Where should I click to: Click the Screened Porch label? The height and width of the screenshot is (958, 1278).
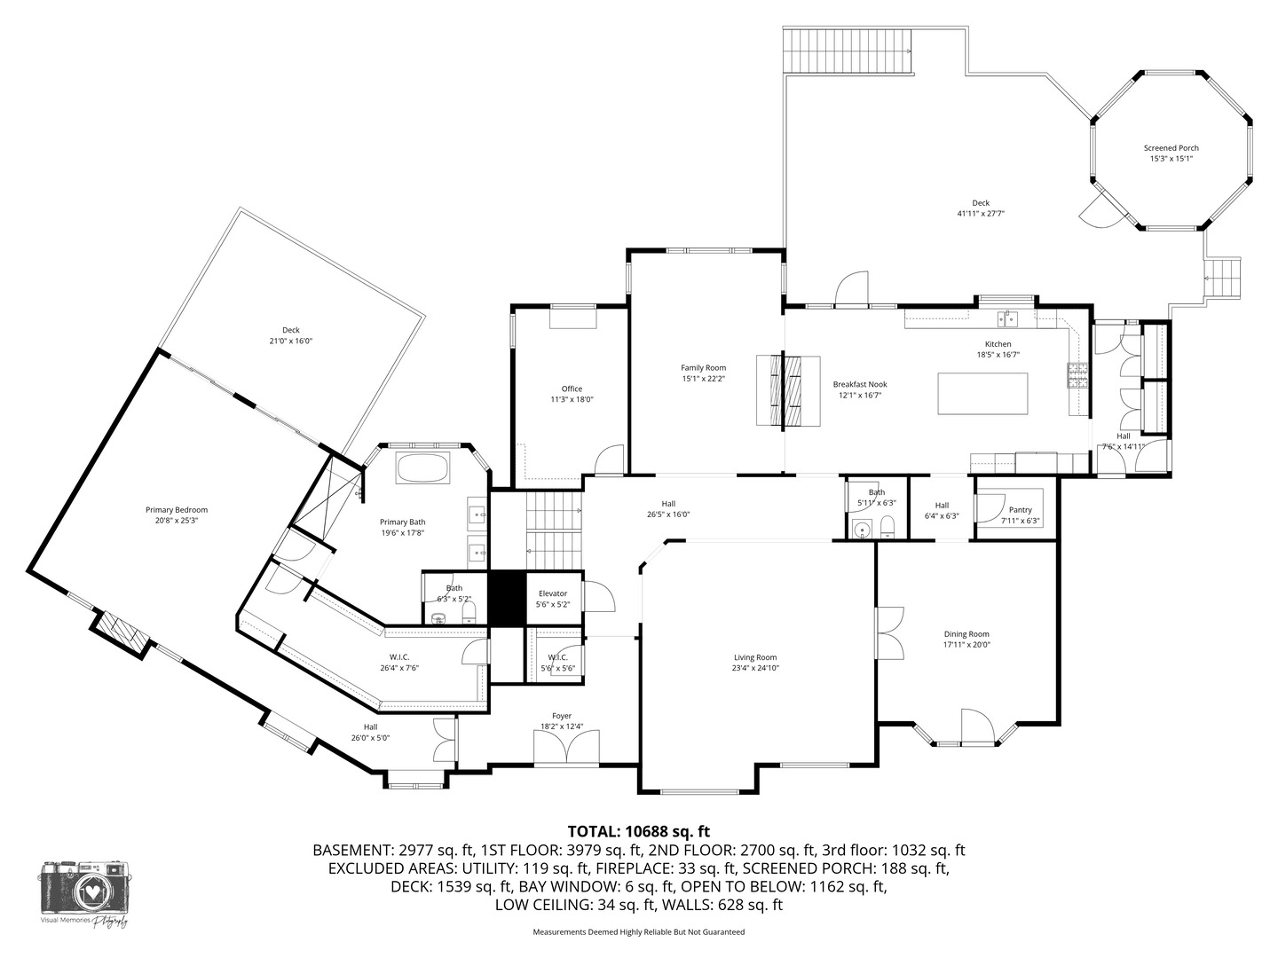1171,148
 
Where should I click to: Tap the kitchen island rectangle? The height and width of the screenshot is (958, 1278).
982,393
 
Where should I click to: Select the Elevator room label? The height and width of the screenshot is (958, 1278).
553,593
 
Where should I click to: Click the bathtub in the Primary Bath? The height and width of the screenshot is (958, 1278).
423,467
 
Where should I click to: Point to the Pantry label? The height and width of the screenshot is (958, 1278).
1020,510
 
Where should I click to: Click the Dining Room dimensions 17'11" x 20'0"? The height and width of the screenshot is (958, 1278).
966,645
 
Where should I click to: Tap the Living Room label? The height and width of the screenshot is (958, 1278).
754,657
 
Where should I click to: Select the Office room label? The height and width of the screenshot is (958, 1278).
572,389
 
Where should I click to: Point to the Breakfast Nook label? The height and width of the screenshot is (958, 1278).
859,384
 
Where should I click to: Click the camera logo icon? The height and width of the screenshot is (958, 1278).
86,890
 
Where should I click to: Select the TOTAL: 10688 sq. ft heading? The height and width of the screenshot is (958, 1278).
639,831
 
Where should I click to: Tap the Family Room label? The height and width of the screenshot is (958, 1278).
703,367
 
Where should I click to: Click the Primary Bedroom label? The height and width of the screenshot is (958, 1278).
176,509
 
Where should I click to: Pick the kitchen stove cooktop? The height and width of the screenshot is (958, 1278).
1077,376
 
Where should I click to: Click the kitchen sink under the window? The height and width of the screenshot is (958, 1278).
1006,317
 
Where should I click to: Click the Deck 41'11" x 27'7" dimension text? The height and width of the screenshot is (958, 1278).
980,214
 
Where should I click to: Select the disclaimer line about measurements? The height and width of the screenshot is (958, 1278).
638,932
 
